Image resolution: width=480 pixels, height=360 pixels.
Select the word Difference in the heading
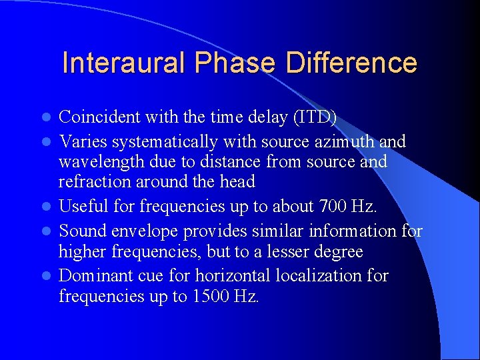352,63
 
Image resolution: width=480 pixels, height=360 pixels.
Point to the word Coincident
97,117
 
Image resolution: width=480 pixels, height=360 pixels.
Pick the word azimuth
346,141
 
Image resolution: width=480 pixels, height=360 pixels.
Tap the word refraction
89,183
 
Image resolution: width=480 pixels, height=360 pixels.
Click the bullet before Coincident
47,118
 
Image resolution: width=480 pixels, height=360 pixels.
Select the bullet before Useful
47,207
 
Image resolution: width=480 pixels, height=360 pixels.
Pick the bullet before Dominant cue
47,276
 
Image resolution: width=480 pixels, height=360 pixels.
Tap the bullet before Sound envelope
47,231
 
